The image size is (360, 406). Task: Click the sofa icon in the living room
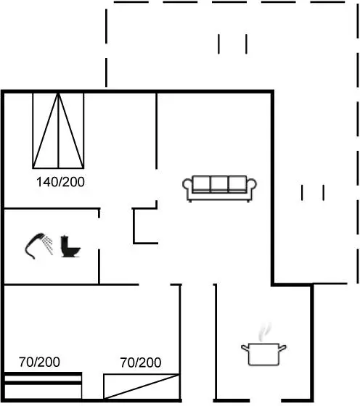[x=219, y=188]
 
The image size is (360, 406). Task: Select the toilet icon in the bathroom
[x=70, y=246]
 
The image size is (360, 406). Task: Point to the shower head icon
[x=35, y=246]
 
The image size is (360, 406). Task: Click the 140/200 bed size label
[x=60, y=182]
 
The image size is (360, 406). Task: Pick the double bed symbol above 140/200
[x=58, y=130]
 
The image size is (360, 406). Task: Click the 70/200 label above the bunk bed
[x=39, y=362]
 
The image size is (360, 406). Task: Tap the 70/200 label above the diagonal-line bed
[x=141, y=362]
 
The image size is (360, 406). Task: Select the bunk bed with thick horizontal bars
[x=43, y=386]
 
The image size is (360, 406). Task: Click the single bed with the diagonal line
[x=142, y=386]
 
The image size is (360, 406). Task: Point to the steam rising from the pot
[x=264, y=332]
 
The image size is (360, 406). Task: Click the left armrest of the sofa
[x=187, y=187]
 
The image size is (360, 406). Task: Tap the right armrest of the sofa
[x=251, y=187]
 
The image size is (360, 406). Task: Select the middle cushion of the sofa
[x=219, y=184]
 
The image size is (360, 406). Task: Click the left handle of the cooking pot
[x=245, y=348]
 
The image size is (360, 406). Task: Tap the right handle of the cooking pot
[x=282, y=347]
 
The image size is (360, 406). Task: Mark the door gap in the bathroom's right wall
[x=99, y=233]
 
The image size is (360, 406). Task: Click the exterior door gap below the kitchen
[x=265, y=401]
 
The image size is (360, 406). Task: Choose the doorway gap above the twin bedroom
[x=155, y=284]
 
